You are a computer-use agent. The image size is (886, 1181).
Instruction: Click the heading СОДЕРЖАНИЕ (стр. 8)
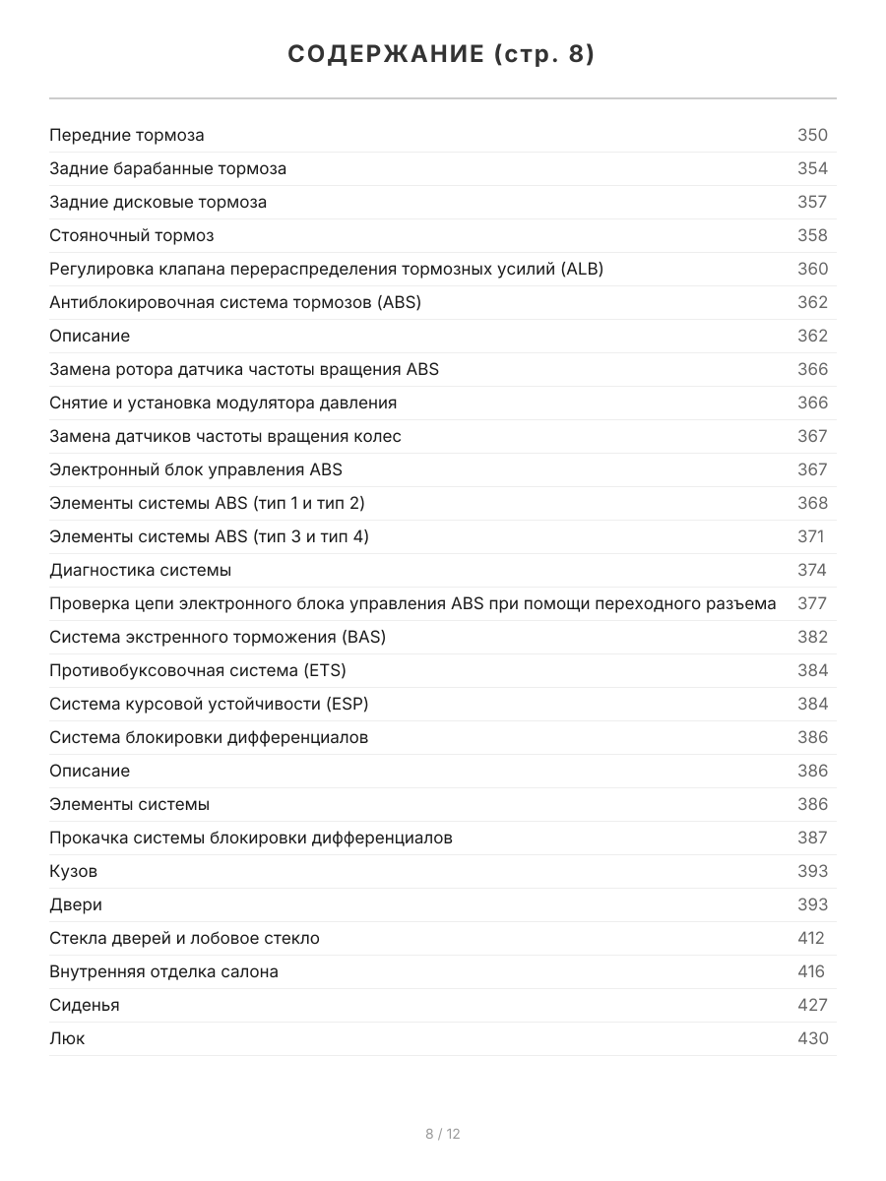tap(442, 55)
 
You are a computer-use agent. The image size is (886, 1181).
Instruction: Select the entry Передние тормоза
tap(127, 135)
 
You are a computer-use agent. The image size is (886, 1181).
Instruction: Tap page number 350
tap(812, 135)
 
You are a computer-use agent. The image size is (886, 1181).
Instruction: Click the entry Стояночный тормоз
tap(132, 235)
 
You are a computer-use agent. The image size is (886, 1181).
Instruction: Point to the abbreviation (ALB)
tap(582, 269)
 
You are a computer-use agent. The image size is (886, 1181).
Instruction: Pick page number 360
tap(812, 269)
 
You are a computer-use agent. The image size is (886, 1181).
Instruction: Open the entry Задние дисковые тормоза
tap(158, 202)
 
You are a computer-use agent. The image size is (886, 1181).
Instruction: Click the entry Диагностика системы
tap(141, 570)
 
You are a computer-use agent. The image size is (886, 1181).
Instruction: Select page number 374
tap(812, 570)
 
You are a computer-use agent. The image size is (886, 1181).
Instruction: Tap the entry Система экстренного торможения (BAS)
tap(218, 637)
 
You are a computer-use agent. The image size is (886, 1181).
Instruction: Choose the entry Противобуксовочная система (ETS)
tap(198, 670)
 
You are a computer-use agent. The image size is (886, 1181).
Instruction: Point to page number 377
tap(812, 603)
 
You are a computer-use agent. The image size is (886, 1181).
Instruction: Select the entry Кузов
tap(74, 871)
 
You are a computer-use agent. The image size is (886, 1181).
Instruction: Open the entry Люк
tap(67, 1038)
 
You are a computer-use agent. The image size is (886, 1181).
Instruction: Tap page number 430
tap(812, 1038)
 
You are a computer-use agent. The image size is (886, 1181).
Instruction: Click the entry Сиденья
tap(85, 1005)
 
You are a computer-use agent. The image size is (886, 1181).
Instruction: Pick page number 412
tap(811, 938)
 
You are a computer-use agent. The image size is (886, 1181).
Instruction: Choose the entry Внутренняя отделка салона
tap(163, 971)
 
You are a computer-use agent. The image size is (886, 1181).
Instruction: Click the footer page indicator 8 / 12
tap(443, 1134)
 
